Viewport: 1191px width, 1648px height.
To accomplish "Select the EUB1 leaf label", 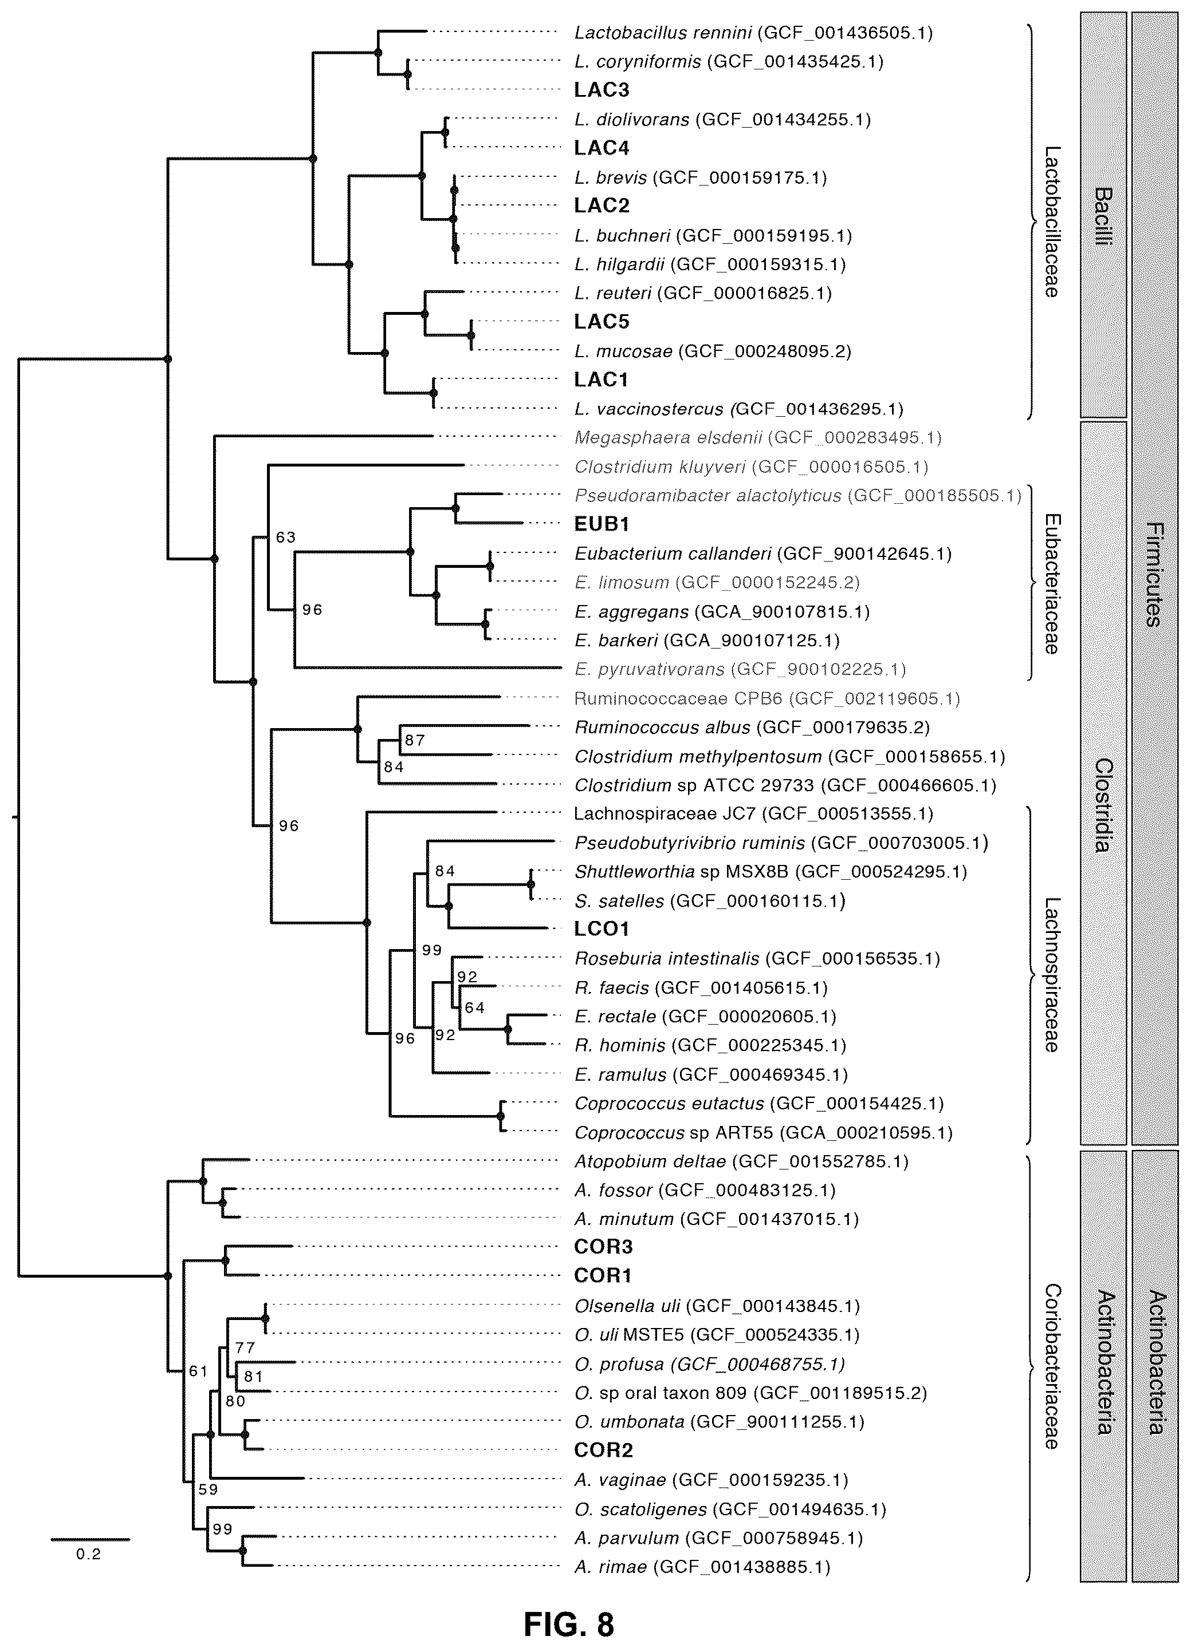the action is pos(602,524).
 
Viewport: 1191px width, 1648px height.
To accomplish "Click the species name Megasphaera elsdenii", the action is pos(668,437).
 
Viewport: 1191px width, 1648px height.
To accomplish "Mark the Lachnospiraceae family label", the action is pos(1051,975).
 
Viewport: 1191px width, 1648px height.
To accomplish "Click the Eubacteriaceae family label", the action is pos(1051,583).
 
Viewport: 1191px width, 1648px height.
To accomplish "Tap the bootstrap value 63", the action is pos(286,537).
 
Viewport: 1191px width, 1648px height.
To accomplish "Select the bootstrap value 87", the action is pos(414,741).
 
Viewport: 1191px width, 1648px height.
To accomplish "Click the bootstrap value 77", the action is pos(245,1348).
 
